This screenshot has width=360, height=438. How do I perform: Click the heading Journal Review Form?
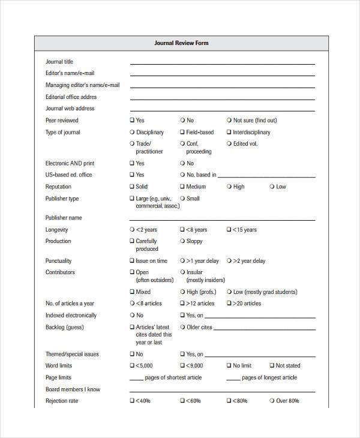[181, 43]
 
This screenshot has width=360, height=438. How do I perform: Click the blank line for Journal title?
[222, 63]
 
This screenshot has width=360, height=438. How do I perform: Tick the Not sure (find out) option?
[229, 121]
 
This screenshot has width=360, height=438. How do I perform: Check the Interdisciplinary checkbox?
[229, 133]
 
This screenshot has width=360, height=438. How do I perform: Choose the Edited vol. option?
[229, 144]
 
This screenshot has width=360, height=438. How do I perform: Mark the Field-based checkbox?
[182, 133]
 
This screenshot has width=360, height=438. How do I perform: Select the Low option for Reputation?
[272, 187]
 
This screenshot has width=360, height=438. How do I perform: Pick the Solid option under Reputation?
[132, 187]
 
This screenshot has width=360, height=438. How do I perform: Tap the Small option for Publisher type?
[182, 199]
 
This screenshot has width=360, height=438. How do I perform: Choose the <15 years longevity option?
[229, 230]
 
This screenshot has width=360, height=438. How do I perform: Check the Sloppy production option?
[182, 241]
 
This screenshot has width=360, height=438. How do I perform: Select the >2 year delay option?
[229, 261]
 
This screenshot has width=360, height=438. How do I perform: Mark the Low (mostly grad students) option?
[229, 292]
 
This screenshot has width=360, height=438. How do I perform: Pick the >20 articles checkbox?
[229, 304]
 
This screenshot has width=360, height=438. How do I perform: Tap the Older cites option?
[182, 327]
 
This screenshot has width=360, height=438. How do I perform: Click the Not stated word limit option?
[272, 365]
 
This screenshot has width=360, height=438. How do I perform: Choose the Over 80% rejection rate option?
[272, 401]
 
